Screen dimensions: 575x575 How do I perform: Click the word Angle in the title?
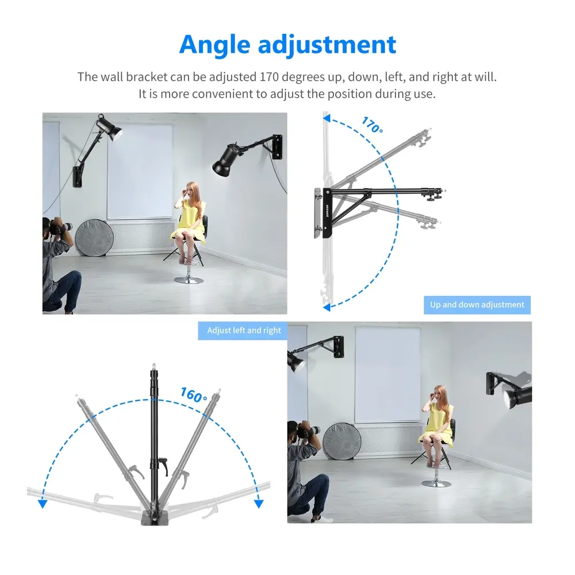(x=214, y=45)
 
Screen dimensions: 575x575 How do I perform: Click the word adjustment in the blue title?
(x=327, y=44)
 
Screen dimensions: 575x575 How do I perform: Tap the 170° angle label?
(x=373, y=125)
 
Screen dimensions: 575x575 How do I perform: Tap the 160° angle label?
(x=194, y=395)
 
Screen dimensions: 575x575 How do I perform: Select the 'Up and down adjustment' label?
(x=477, y=305)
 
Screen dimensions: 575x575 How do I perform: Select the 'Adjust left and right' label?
(x=244, y=331)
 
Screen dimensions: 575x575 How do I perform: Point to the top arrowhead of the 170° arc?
(x=327, y=118)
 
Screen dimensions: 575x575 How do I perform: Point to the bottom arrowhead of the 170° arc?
(x=327, y=307)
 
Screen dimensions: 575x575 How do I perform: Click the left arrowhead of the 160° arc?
(x=43, y=504)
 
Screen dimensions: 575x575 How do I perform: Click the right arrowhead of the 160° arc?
(x=259, y=504)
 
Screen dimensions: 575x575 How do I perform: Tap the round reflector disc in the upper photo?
(x=94, y=237)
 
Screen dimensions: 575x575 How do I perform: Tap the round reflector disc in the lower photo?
(x=342, y=441)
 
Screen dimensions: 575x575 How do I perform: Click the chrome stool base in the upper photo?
(x=189, y=280)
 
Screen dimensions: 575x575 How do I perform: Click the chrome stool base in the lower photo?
(x=436, y=483)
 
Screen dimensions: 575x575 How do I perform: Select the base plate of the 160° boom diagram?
(x=154, y=518)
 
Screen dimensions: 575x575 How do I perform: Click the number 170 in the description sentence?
(x=269, y=77)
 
